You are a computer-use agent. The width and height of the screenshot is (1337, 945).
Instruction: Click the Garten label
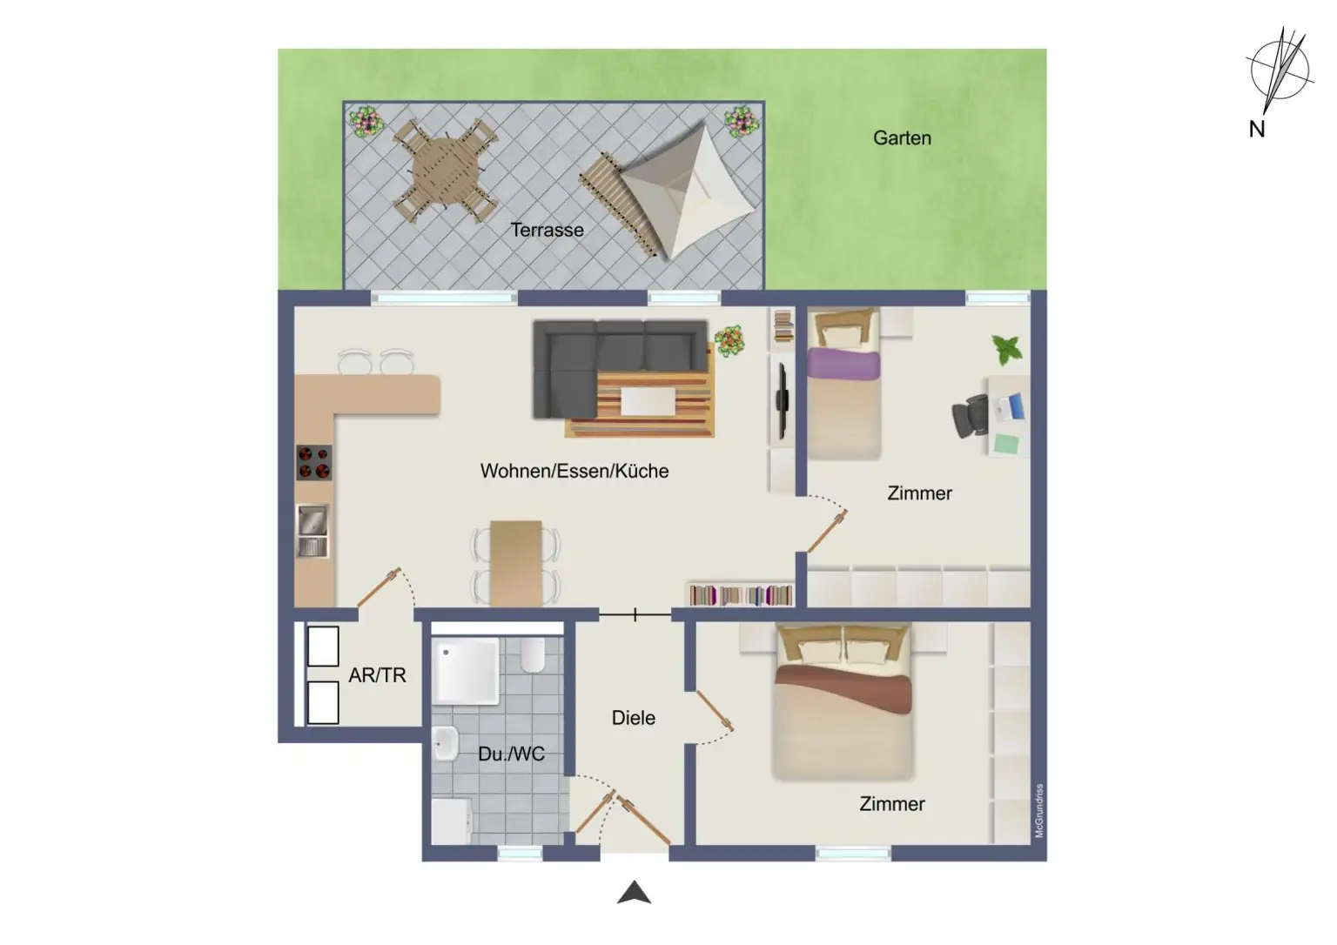click(902, 137)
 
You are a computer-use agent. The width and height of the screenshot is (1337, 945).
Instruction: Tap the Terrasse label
click(547, 230)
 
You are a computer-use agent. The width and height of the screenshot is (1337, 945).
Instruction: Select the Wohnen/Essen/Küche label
click(574, 471)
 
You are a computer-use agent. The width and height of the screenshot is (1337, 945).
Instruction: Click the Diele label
click(633, 718)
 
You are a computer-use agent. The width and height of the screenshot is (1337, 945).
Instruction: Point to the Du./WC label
click(511, 754)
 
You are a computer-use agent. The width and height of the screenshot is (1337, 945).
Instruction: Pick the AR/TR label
click(377, 674)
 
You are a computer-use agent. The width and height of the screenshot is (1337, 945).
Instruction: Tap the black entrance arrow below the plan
click(635, 893)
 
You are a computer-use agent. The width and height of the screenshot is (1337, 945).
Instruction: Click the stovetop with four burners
click(314, 462)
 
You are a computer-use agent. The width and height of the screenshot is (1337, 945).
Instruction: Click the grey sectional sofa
click(609, 357)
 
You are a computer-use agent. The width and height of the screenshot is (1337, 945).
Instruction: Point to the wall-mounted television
click(783, 399)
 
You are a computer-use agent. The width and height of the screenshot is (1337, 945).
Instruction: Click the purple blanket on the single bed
click(843, 363)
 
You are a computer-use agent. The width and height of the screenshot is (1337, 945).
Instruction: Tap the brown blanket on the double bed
click(843, 687)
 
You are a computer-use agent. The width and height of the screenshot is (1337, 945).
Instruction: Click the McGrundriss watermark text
click(1038, 811)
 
